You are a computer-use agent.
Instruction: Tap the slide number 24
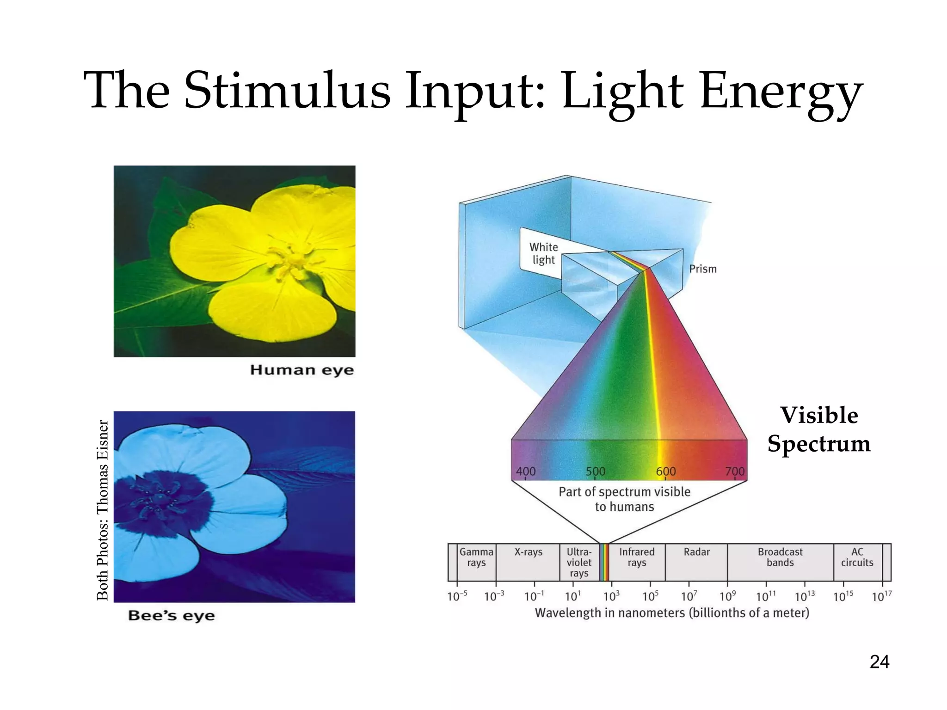pyautogui.click(x=879, y=662)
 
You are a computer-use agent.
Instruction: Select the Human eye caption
pyautogui.click(x=302, y=370)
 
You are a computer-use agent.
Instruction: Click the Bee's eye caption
pyautogui.click(x=171, y=616)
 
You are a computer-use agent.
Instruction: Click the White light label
pyautogui.click(x=543, y=253)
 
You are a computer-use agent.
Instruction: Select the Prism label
pyautogui.click(x=702, y=269)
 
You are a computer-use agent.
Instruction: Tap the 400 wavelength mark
pyautogui.click(x=525, y=471)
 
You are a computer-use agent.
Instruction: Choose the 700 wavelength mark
pyautogui.click(x=735, y=471)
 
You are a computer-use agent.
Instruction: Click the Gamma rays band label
pyautogui.click(x=476, y=557)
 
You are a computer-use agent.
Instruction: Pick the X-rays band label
pyautogui.click(x=528, y=552)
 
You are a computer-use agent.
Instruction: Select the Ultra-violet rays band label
pyautogui.click(x=579, y=563)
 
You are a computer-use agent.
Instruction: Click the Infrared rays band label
pyautogui.click(x=637, y=557)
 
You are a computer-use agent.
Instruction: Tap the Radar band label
pyautogui.click(x=696, y=552)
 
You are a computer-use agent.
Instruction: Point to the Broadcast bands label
pyautogui.click(x=780, y=557)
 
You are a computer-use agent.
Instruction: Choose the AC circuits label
pyautogui.click(x=857, y=557)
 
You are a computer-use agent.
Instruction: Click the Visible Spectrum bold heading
pyautogui.click(x=819, y=429)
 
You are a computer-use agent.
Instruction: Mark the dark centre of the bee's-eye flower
pyautogui.click(x=160, y=502)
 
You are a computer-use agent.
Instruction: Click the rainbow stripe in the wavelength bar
pyautogui.click(x=604, y=563)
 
